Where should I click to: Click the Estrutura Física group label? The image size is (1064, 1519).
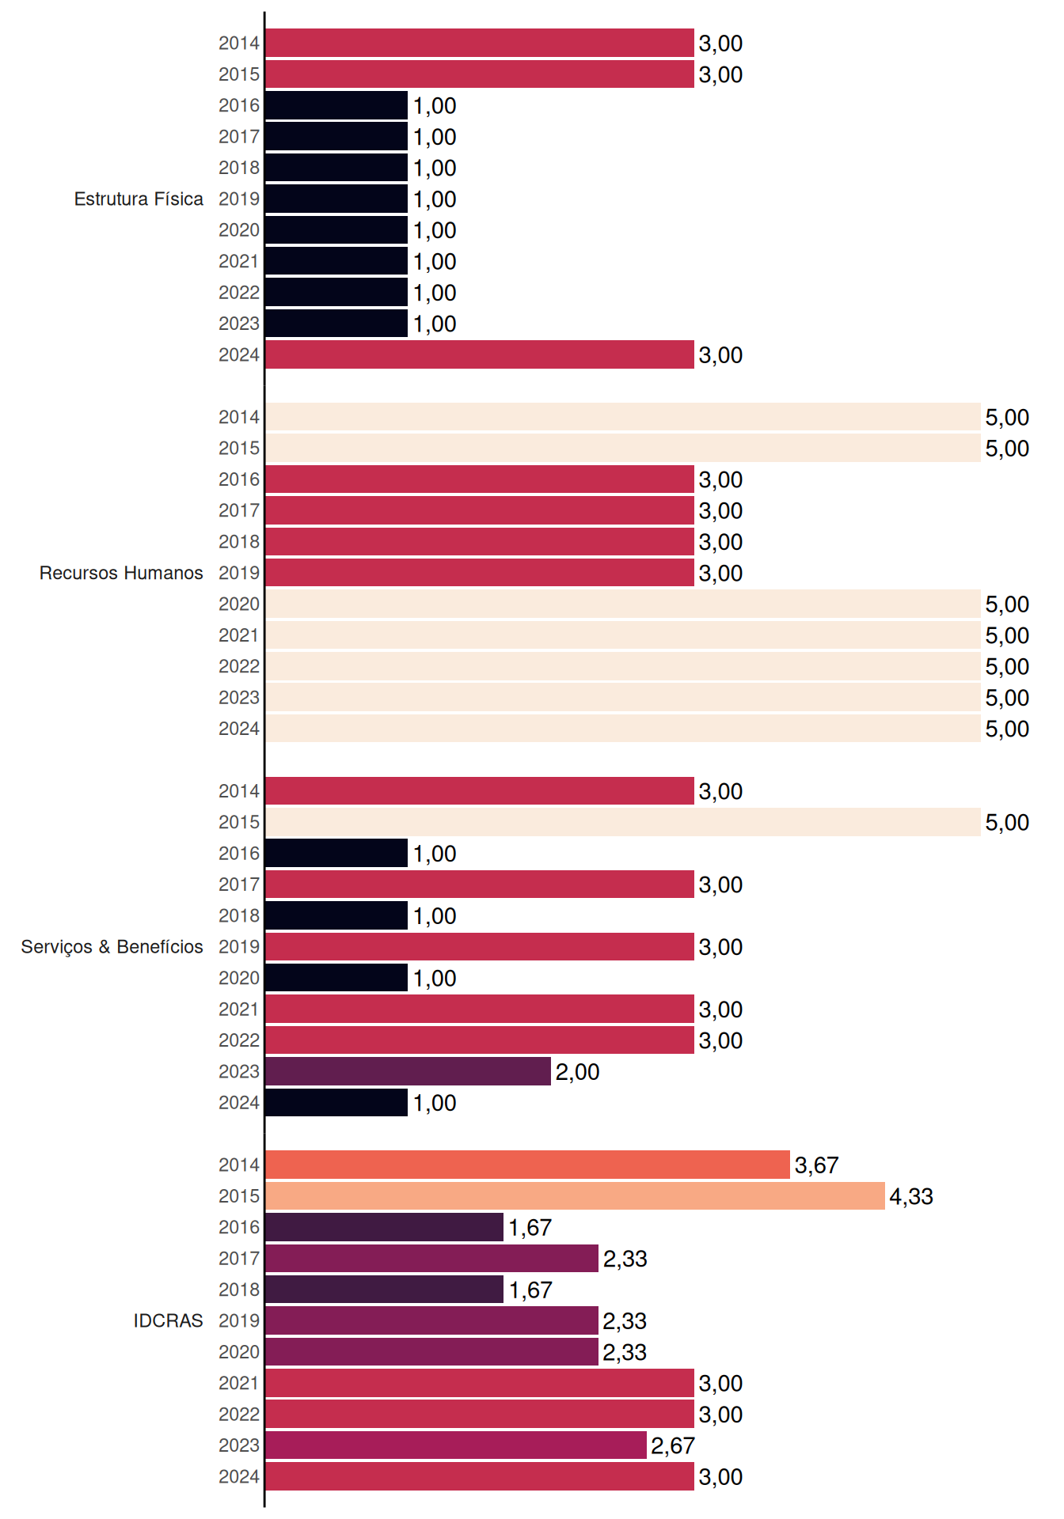(139, 199)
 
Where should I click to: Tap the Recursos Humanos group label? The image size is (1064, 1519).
(121, 573)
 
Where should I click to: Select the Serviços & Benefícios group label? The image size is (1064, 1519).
(112, 947)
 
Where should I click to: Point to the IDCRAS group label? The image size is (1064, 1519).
(168, 1320)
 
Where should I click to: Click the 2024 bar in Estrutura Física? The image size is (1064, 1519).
(480, 354)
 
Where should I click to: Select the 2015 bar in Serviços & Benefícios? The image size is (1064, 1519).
(623, 822)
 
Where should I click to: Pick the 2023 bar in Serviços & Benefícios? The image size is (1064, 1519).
(408, 1071)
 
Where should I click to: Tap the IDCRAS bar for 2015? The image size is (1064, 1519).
(576, 1195)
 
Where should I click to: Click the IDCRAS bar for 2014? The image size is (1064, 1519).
(528, 1165)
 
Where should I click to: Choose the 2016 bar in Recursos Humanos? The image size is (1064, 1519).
(480, 479)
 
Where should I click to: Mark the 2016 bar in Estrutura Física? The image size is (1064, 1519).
(336, 105)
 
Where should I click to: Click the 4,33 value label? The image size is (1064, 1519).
(911, 1196)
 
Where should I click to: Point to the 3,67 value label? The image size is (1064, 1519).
(816, 1165)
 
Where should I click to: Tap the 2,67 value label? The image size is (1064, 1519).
(673, 1445)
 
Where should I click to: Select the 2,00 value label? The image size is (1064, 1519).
(577, 1072)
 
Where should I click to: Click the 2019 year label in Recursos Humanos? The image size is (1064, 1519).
(239, 573)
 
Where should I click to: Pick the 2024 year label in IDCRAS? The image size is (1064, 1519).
(239, 1476)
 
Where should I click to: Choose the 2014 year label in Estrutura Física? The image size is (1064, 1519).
(239, 43)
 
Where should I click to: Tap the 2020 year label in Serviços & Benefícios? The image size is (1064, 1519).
(239, 978)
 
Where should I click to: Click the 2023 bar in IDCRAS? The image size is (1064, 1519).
(456, 1445)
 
